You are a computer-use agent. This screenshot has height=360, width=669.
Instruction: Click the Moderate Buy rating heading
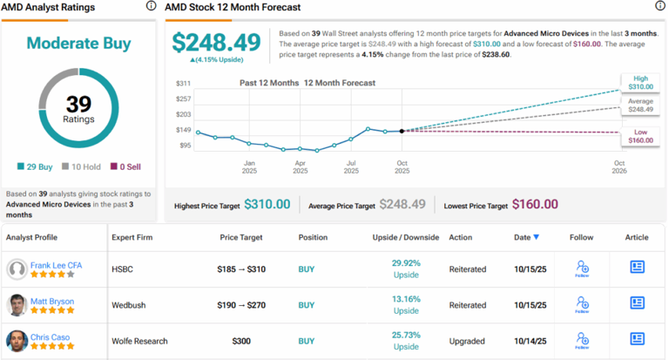point(80,43)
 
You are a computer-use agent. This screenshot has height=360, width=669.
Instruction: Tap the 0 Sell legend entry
point(125,166)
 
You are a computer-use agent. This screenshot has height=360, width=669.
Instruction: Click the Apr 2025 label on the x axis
point(300,166)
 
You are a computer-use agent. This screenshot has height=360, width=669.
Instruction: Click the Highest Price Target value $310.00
point(267,204)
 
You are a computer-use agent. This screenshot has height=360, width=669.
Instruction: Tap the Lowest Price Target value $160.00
point(534,204)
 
